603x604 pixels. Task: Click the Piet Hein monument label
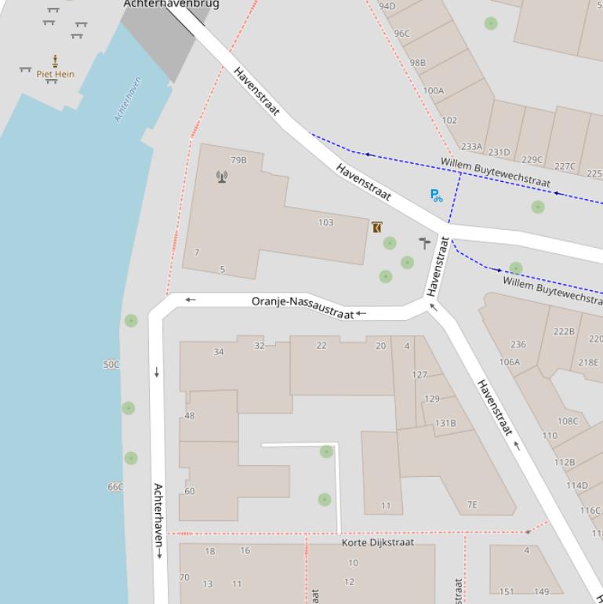pos(55,75)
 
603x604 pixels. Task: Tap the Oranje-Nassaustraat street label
pos(303,306)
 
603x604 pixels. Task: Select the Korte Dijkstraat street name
pos(377,542)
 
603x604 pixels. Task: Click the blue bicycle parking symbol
pos(436,195)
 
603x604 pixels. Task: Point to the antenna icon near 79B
pos(222,176)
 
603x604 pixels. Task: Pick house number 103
pos(325,223)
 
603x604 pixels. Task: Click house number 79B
pos(238,160)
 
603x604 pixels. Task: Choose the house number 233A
pos(471,146)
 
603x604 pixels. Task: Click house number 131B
pos(445,424)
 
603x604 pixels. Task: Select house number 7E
pos(472,505)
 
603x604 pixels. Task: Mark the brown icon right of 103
pos(377,227)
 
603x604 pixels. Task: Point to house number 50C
pos(112,365)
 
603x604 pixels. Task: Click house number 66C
pos(115,487)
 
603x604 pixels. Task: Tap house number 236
pos(518,344)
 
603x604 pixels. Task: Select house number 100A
pos(434,90)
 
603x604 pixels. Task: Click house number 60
pos(189,492)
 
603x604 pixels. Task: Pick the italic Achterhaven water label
pos(128,100)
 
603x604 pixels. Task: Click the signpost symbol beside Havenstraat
pos(424,242)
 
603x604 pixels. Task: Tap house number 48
pos(189,416)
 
